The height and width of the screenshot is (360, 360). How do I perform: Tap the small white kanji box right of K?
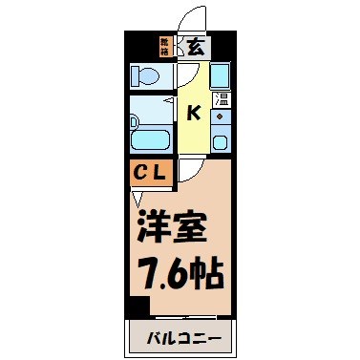(x=220, y=98)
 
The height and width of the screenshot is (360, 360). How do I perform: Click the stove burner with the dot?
(x=220, y=117)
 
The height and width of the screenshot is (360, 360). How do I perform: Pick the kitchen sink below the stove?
(x=220, y=142)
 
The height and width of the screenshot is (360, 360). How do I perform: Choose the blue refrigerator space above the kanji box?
(x=220, y=74)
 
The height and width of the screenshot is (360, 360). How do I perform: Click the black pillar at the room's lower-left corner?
(x=139, y=307)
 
